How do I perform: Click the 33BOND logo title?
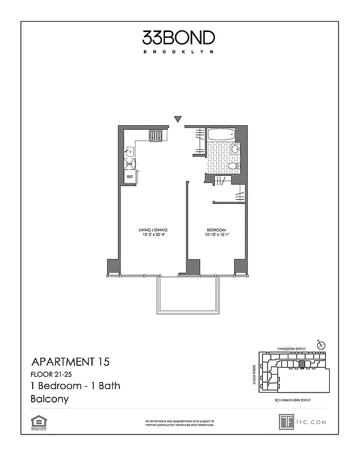[x=179, y=38]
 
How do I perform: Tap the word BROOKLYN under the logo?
[x=179, y=52]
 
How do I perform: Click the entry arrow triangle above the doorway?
[x=178, y=119]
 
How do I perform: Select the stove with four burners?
[x=156, y=136]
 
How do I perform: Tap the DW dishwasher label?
[x=129, y=164]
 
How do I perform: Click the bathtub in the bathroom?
[x=221, y=135]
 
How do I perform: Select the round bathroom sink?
[x=235, y=149]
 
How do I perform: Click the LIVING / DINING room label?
[x=152, y=230]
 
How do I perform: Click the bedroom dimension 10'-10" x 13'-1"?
[x=216, y=235]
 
